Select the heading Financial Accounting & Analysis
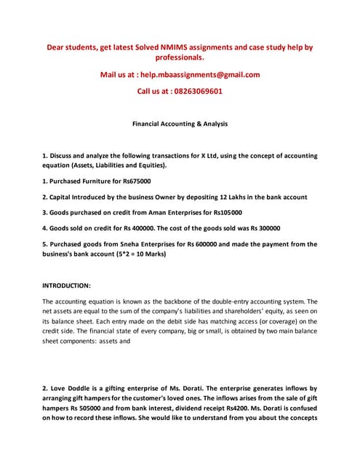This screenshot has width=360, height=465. click(x=180, y=124)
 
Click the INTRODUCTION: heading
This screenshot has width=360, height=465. click(x=67, y=286)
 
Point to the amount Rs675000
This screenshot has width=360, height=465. click(x=136, y=180)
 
